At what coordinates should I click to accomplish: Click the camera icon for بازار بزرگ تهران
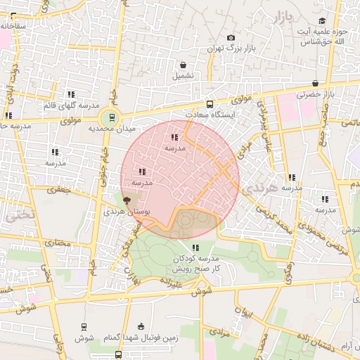[231, 38]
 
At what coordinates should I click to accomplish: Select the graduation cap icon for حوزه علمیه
[322, 21]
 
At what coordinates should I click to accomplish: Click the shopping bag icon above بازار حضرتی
[315, 83]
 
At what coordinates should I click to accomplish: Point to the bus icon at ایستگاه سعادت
[210, 104]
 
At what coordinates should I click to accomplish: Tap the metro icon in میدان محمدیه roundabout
[109, 117]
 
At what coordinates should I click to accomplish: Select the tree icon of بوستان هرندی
[127, 201]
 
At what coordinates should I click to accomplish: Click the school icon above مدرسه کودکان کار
[195, 247]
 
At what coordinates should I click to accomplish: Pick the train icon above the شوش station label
[84, 327]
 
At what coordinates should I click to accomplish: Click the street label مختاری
[58, 243]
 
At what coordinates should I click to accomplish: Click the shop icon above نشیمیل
[183, 65]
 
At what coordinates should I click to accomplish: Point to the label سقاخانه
[13, 26]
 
